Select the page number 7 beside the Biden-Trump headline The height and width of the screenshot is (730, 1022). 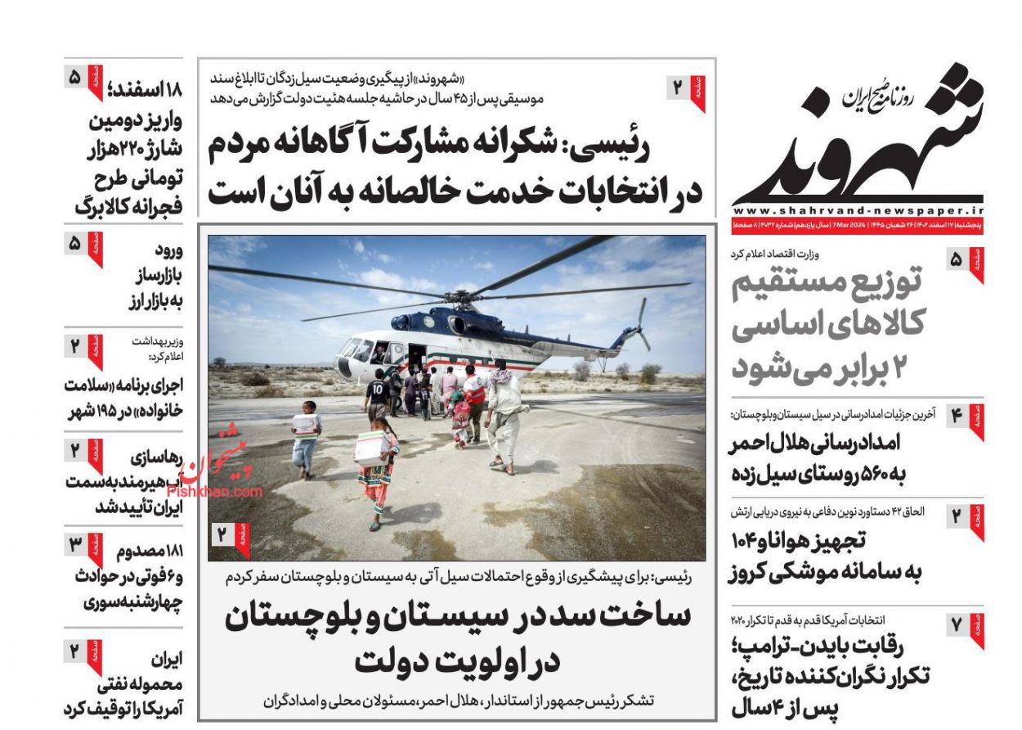click(x=957, y=626)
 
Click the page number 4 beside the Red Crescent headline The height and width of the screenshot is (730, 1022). click(x=957, y=416)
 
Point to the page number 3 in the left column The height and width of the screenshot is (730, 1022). click(x=74, y=542)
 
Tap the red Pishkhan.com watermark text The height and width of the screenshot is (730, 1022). click(x=214, y=492)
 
